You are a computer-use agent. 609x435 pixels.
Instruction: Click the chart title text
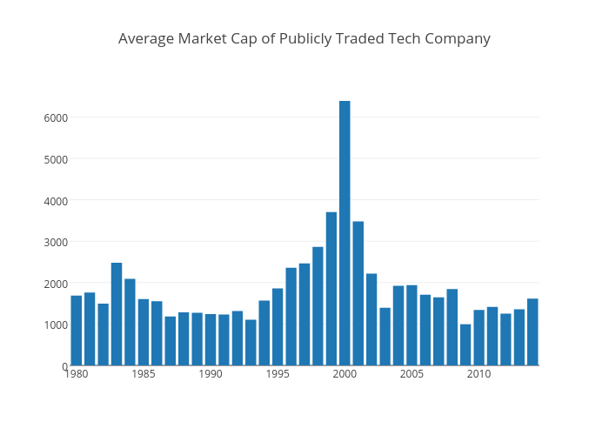point(304,38)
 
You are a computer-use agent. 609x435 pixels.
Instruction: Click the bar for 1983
point(117,314)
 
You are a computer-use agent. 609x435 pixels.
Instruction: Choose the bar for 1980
point(77,331)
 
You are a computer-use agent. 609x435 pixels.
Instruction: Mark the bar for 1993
point(251,343)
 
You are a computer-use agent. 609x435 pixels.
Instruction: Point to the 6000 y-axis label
point(57,117)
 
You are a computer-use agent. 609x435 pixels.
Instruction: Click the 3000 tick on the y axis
point(57,242)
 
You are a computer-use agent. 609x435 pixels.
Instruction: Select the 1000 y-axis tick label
point(57,325)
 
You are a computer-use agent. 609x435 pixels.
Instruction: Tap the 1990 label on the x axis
point(211,374)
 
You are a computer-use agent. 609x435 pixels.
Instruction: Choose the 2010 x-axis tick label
point(478,374)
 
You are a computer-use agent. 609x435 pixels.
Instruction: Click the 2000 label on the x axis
point(345,374)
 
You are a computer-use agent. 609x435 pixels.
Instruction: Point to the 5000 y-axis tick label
point(57,159)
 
